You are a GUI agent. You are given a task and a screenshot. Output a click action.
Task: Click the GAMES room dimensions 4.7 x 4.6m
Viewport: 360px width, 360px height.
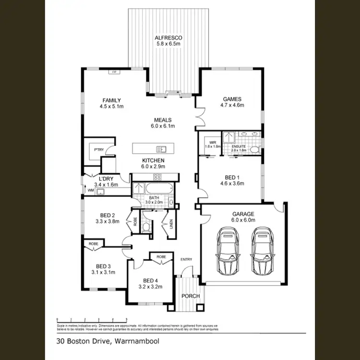(x=232, y=105)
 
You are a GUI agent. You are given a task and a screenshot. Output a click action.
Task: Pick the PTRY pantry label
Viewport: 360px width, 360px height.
(x=99, y=150)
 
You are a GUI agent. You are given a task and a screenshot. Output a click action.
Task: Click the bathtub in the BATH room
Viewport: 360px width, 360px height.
(x=159, y=188)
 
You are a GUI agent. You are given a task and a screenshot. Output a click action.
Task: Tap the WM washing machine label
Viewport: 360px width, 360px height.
(x=90, y=191)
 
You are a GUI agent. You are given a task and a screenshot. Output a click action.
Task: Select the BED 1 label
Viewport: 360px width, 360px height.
(x=232, y=177)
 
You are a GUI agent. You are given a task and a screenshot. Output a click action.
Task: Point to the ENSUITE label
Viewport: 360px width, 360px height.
(x=239, y=146)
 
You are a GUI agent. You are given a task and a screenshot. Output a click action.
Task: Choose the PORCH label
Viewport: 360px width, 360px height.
(x=191, y=296)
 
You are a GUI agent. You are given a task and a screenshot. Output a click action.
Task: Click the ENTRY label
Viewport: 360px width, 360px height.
(x=186, y=260)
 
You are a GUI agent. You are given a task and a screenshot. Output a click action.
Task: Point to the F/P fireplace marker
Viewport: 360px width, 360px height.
(x=114, y=72)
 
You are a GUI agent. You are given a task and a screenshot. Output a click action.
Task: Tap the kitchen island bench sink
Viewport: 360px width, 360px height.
(x=158, y=148)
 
